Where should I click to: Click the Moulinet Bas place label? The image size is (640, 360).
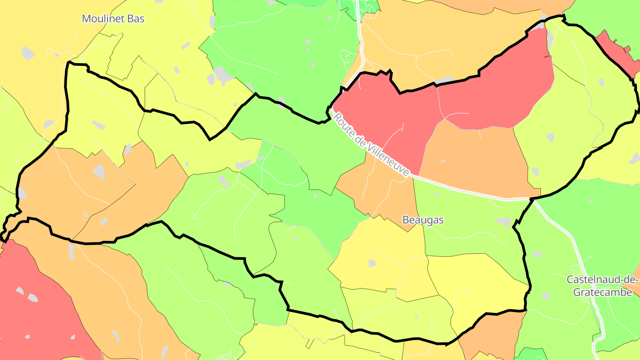coord(113,19)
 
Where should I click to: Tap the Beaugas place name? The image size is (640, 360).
coord(423,220)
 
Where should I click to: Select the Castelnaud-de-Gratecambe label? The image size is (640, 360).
coord(602,286)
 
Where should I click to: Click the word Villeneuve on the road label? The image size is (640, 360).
coord(386,157)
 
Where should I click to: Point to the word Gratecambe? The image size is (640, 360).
coord(602,292)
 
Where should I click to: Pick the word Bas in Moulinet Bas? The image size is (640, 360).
coord(136,19)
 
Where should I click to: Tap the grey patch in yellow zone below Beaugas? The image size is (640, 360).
coord(372,263)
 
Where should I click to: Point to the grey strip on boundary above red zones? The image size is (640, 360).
coord(444,80)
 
